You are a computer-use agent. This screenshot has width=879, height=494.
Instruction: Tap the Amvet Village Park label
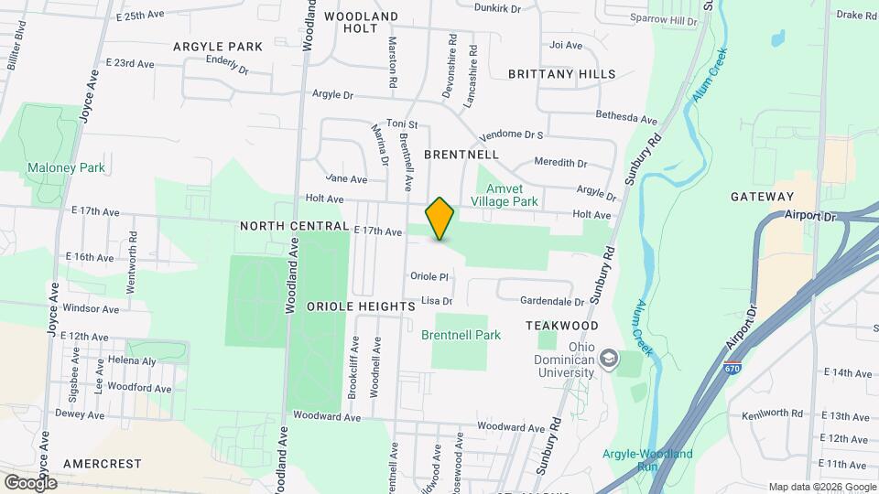pyautogui.click(x=505, y=194)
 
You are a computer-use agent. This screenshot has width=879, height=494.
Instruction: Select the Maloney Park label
pyautogui.click(x=66, y=167)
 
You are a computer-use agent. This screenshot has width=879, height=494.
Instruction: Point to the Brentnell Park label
pyautogui.click(x=461, y=335)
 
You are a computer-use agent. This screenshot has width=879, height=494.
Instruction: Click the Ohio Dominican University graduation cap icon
pyautogui.click(x=608, y=360)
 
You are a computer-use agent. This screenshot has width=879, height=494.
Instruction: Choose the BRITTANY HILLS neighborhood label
pyautogui.click(x=556, y=73)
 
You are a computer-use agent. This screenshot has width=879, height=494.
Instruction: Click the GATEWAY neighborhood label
pyautogui.click(x=762, y=197)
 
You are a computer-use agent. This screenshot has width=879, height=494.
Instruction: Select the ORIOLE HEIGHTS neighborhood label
pyautogui.click(x=361, y=306)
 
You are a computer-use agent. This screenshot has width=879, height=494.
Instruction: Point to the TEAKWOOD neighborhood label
pyautogui.click(x=562, y=326)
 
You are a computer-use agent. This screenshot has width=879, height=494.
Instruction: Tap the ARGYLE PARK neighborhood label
pyautogui.click(x=218, y=46)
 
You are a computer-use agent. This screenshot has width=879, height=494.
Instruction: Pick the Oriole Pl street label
pyautogui.click(x=429, y=276)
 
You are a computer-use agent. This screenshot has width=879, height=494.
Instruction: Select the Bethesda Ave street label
pyautogui.click(x=627, y=119)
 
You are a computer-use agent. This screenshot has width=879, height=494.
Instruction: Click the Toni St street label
pyautogui.click(x=402, y=123)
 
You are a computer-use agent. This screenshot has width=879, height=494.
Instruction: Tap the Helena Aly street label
pyautogui.click(x=128, y=360)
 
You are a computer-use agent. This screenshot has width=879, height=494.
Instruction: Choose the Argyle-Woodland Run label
pyautogui.click(x=637, y=459)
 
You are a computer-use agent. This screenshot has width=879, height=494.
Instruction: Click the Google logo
pyautogui.click(x=30, y=482)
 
